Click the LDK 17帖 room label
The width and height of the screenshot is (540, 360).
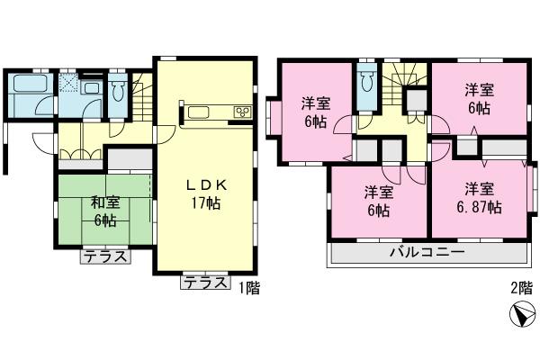click(x=206, y=193)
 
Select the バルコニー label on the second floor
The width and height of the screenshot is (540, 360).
click(x=427, y=253)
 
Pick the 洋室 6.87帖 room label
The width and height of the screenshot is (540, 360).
click(x=479, y=199)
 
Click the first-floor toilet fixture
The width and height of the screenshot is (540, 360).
click(x=119, y=90)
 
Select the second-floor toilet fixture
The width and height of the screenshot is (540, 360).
click(x=364, y=84)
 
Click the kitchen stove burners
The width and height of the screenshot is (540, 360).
click(x=242, y=112)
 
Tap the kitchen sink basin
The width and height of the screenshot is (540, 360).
click(x=199, y=113)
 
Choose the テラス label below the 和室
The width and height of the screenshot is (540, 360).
click(x=104, y=256)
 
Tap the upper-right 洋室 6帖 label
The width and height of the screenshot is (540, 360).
click(x=479, y=97)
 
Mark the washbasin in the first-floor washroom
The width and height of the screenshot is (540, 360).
click(x=91, y=90)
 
